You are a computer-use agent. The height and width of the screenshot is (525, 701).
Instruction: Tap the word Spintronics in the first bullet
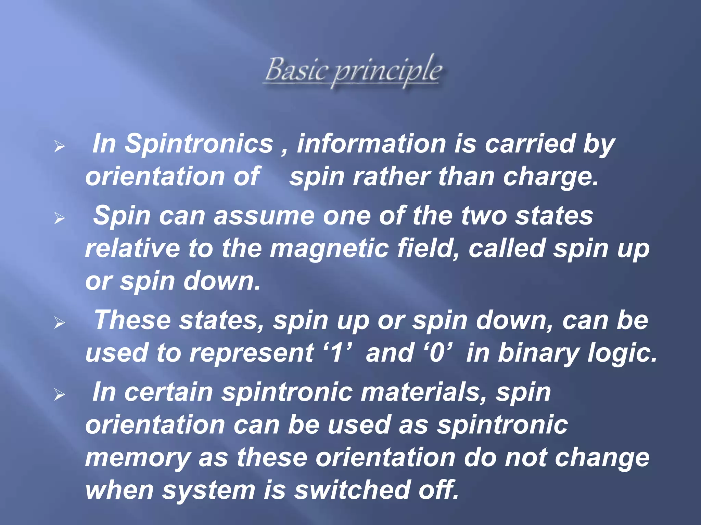pos(199,144)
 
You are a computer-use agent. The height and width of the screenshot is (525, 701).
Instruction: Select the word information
pos(371,144)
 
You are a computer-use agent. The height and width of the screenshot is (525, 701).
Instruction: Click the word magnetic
pos(329,248)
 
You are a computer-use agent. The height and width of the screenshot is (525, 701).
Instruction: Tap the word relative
pos(132,248)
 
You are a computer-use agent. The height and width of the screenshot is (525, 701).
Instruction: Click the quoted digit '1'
pos(337,353)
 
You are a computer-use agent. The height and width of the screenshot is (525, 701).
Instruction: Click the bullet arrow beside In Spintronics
pos(60,147)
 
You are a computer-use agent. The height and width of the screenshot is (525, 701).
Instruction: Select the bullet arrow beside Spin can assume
pos(60,218)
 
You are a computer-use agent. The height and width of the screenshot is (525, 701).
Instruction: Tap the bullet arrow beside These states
pos(60,323)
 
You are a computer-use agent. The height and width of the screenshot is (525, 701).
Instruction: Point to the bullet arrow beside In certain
pos(60,395)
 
